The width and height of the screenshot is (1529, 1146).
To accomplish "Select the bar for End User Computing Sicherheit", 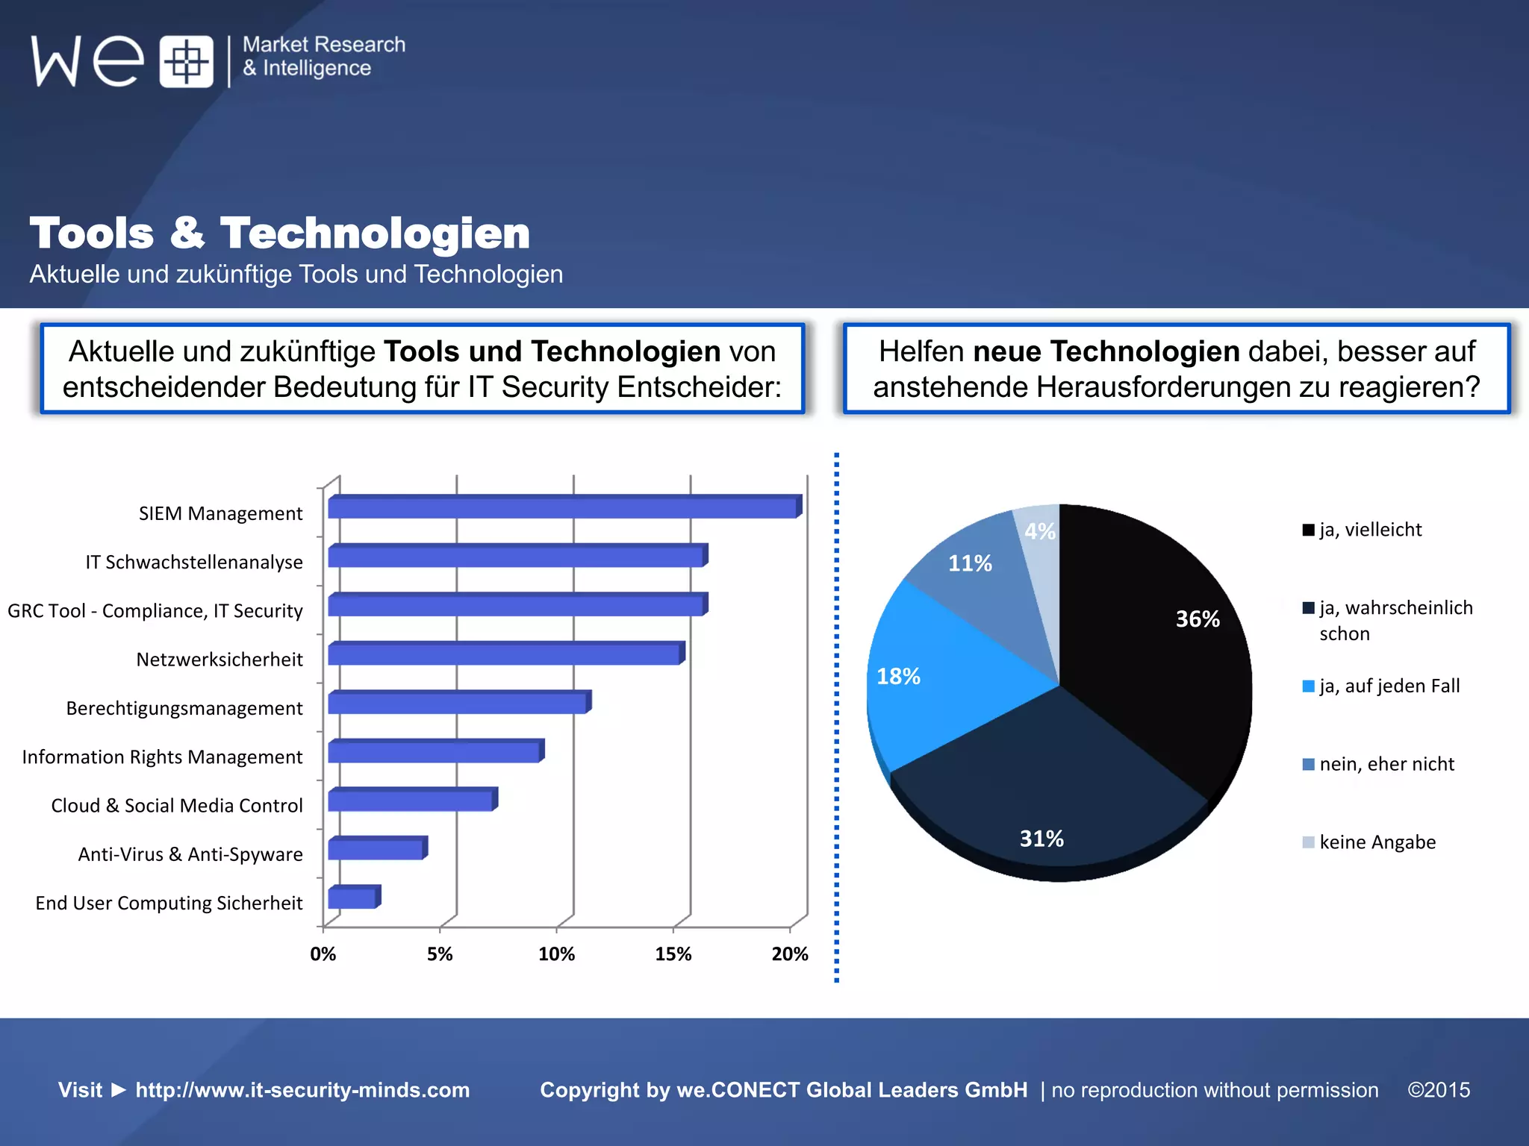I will click(352, 898).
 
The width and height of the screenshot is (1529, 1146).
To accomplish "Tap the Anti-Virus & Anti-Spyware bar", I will click(376, 850).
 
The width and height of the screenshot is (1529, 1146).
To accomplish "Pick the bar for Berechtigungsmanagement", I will click(457, 704).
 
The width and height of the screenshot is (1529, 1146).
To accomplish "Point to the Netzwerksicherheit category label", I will click(219, 660).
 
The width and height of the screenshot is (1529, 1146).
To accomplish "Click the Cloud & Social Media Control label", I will click(177, 806).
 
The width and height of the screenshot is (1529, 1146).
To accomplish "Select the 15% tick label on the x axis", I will click(673, 954).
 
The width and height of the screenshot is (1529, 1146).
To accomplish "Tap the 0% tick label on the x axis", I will click(323, 954).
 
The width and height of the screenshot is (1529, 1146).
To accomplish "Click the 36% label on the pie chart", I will click(1197, 619).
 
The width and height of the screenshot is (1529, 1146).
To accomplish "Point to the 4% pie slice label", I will click(1039, 532).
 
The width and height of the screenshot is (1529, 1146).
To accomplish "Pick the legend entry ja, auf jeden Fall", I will click(1388, 686).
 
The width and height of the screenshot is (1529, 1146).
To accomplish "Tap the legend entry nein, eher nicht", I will click(1386, 764).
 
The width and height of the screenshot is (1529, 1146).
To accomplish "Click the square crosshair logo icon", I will click(186, 61).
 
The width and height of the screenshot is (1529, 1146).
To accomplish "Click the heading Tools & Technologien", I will click(280, 233).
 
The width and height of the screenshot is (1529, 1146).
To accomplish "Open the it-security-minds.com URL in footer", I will click(302, 1090).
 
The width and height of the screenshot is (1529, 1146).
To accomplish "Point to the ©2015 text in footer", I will click(1438, 1090).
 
